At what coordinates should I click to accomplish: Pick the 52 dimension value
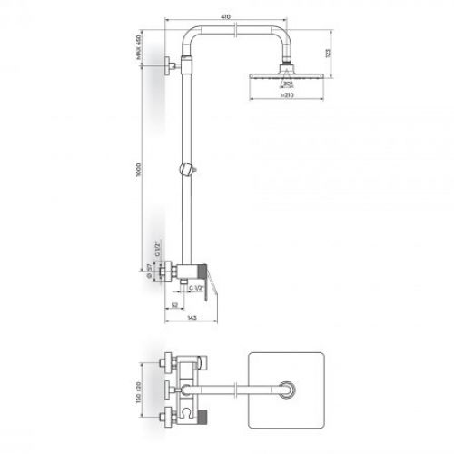[x=173, y=304]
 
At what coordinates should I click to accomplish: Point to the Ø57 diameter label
[x=149, y=269]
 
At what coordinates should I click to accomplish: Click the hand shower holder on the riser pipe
[x=186, y=168]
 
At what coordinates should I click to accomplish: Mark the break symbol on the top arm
[x=238, y=30]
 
